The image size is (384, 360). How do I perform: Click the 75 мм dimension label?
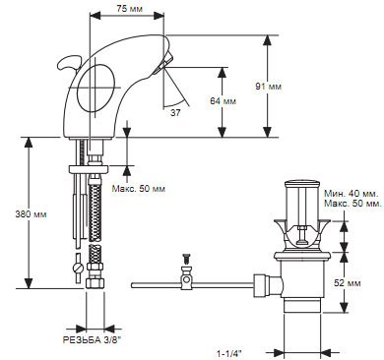click(130, 9)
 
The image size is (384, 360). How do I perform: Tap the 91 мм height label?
click(269, 87)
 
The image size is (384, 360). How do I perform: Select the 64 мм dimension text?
click(224, 101)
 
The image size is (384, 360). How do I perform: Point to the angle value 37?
click(175, 113)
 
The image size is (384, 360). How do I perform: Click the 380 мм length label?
click(32, 214)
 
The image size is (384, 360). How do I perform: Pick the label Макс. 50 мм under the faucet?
click(139, 189)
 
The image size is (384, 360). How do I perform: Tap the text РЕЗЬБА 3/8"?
click(93, 340)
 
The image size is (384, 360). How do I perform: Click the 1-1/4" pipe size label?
click(229, 353)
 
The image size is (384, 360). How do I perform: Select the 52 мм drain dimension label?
click(348, 282)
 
